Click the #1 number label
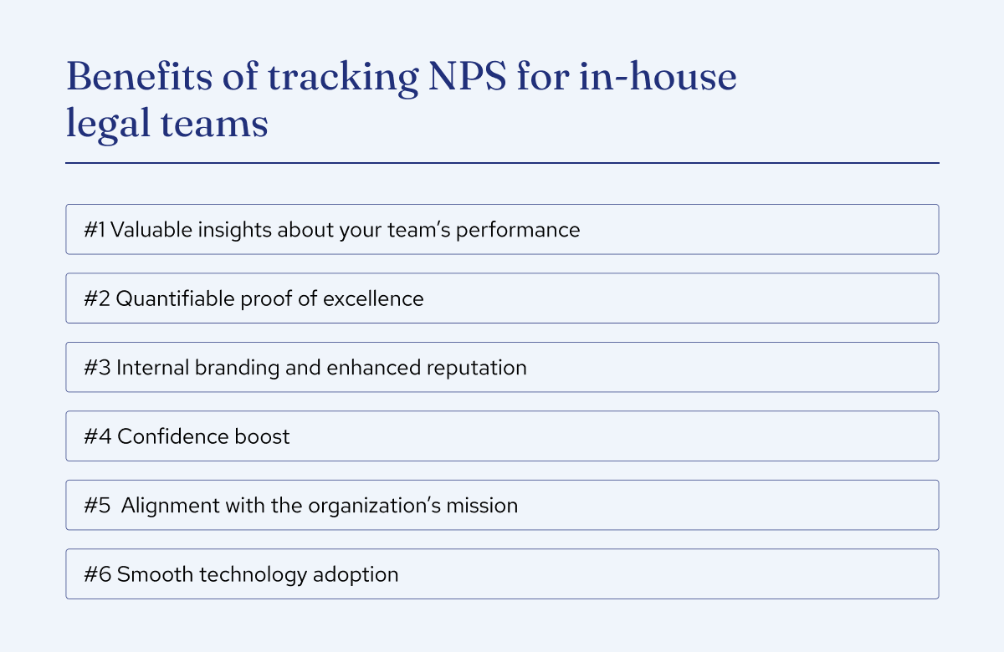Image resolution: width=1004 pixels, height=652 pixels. [94, 230]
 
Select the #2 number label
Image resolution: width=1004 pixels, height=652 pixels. [96, 298]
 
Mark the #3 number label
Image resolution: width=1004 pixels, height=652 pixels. [96, 367]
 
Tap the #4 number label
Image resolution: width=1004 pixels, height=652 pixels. [97, 436]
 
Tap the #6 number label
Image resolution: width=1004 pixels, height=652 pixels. [97, 575]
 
